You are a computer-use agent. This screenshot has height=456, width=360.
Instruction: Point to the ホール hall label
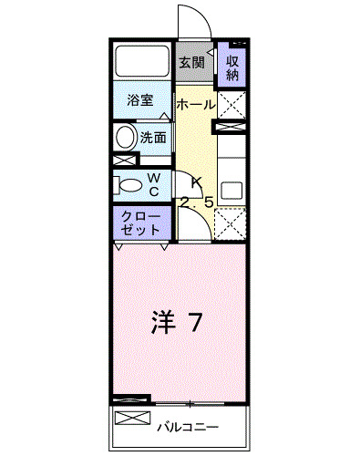point(195,105)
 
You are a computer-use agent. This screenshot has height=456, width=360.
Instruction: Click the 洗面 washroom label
point(153,139)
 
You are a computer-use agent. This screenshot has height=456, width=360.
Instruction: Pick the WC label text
point(154,184)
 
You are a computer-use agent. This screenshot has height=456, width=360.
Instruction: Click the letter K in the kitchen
point(196,181)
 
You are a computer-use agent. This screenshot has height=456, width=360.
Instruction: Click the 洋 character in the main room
point(160,321)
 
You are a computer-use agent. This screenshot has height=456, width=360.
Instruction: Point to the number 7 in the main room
point(195,321)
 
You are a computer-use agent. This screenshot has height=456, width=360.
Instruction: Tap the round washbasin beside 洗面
point(125,139)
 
